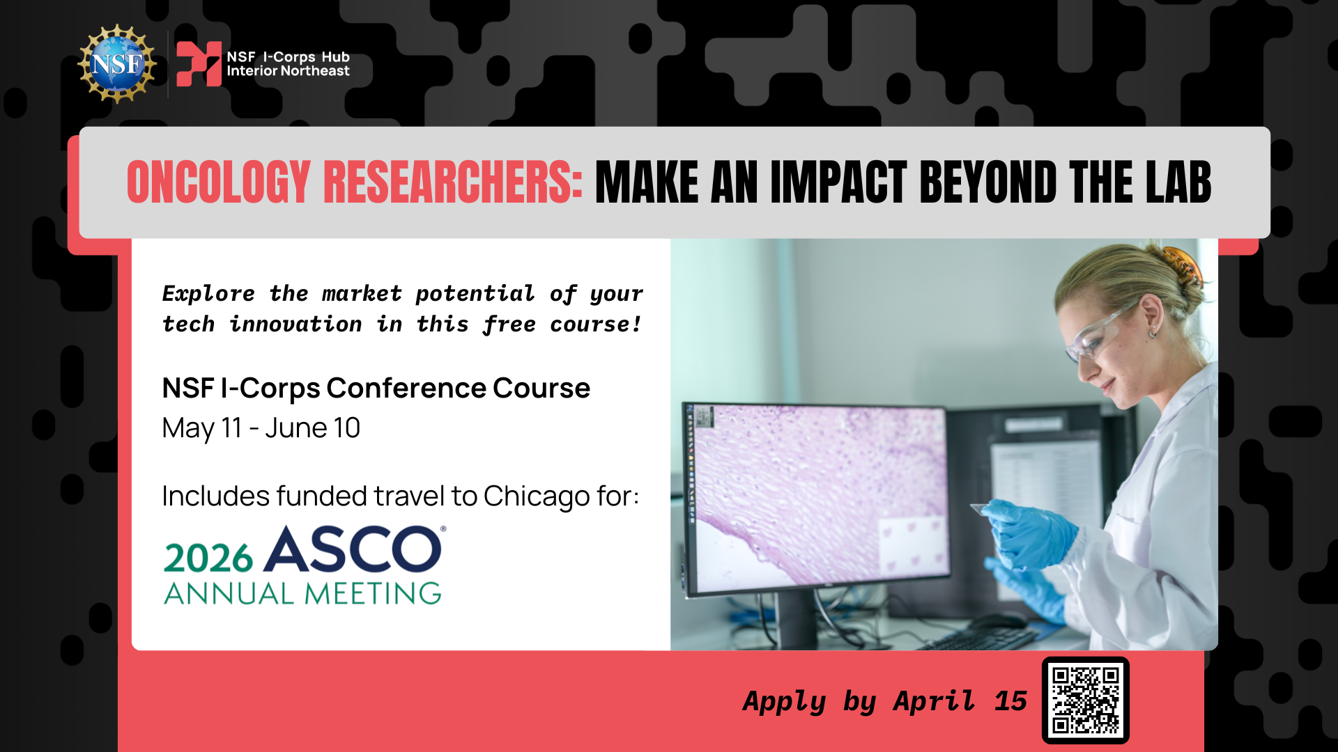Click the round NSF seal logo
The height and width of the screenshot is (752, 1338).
click(117, 64)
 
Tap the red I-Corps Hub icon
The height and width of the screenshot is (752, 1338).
click(199, 64)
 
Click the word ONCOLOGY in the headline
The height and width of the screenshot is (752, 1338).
click(219, 182)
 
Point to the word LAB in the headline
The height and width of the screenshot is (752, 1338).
click(1178, 182)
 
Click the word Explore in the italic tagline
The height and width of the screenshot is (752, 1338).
click(208, 294)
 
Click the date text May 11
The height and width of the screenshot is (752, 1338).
click(201, 428)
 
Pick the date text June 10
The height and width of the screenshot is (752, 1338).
click(312, 428)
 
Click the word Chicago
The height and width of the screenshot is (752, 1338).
click(537, 496)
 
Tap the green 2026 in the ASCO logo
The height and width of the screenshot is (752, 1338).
click(208, 558)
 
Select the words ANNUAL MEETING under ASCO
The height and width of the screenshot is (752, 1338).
click(303, 594)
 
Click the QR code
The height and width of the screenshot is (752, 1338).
click(1086, 700)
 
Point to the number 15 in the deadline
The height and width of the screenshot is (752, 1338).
click(1010, 701)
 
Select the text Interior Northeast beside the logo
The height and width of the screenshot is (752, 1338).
click(288, 71)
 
